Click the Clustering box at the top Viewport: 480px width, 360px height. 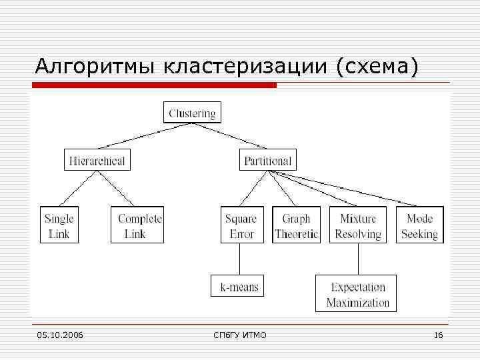point(192,113)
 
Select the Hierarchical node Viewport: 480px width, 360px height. point(97,160)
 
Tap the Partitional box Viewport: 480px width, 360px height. point(268,160)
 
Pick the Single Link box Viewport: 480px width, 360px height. point(59,225)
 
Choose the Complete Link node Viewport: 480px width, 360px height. point(137,225)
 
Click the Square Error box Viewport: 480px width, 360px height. point(241,225)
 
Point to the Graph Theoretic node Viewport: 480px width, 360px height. point(296,225)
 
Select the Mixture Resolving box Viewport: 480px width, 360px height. point(358,225)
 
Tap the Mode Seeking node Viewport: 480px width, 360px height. point(419,225)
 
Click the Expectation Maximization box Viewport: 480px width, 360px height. point(356,294)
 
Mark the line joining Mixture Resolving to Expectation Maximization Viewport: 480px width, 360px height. point(358,259)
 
